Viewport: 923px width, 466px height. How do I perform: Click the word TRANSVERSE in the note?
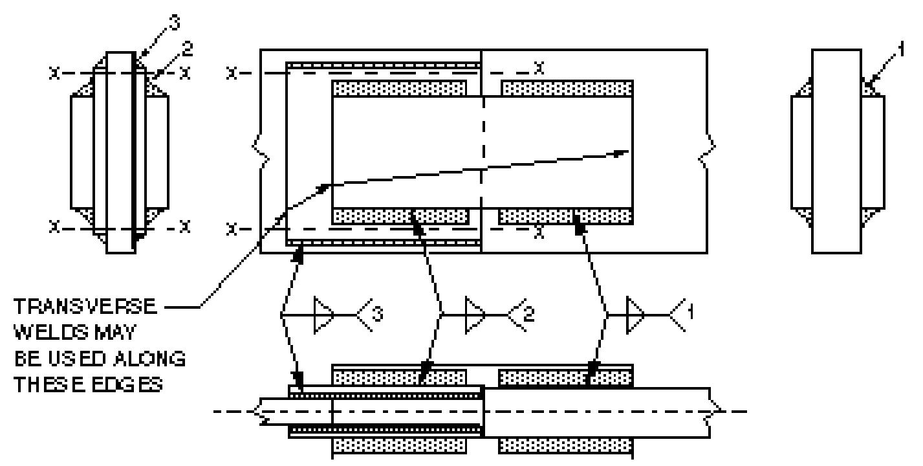(x=86, y=306)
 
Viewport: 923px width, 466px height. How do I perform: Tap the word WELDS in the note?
(x=47, y=332)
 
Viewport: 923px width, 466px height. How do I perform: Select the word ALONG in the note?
(x=149, y=359)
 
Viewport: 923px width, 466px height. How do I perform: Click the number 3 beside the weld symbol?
(x=378, y=314)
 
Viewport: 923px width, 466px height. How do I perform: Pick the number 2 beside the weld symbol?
(x=528, y=314)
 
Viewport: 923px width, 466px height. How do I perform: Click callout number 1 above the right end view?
(x=901, y=49)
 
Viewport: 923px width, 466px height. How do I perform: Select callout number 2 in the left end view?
(x=187, y=49)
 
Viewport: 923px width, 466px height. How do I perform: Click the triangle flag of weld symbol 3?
(x=323, y=315)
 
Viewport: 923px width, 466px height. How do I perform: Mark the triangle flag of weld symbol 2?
(x=475, y=315)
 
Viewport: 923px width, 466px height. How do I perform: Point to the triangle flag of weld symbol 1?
(x=635, y=315)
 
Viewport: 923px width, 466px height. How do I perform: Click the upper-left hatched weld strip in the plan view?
(x=399, y=88)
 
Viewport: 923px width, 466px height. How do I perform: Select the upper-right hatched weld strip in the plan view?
(x=567, y=88)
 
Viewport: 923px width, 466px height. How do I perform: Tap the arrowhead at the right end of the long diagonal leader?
(x=622, y=153)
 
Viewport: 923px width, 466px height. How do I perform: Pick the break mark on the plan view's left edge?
(x=261, y=151)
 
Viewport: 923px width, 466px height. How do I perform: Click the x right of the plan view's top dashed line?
(x=539, y=67)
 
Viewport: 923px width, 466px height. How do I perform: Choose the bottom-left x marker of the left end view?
(x=54, y=227)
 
